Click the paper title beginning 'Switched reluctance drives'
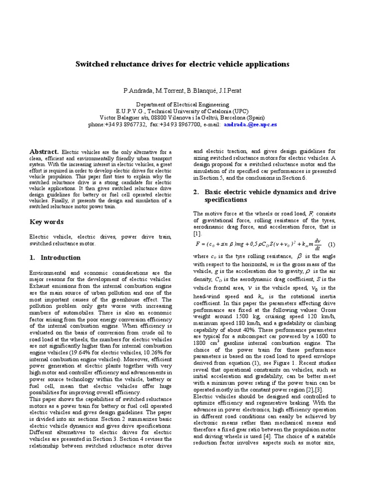click(182, 64)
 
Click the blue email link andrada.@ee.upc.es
click(250, 125)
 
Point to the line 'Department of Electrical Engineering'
click(182, 104)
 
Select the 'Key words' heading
click(47, 222)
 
